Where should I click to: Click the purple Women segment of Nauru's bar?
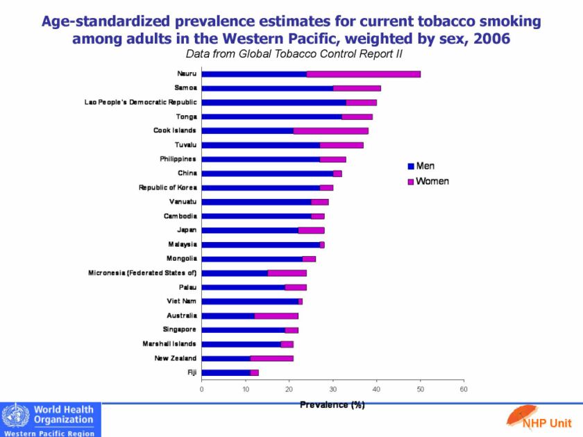click(x=363, y=74)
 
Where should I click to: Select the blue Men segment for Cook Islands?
click(x=247, y=130)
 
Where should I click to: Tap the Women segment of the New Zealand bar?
click(x=271, y=358)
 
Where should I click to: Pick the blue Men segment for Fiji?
click(x=226, y=372)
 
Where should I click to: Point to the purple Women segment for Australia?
click(x=276, y=316)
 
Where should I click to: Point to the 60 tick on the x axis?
click(x=464, y=390)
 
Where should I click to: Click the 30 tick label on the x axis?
click(x=332, y=390)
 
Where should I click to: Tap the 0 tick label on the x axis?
click(x=202, y=390)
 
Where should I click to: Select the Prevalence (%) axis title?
click(x=332, y=405)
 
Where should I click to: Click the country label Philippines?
click(x=178, y=159)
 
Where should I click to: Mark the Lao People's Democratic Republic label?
click(x=141, y=102)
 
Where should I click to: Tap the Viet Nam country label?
click(x=182, y=301)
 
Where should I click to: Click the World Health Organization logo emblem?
click(x=15, y=418)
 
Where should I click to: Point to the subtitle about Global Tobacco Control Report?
click(x=294, y=54)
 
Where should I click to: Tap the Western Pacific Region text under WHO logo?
click(x=51, y=431)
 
